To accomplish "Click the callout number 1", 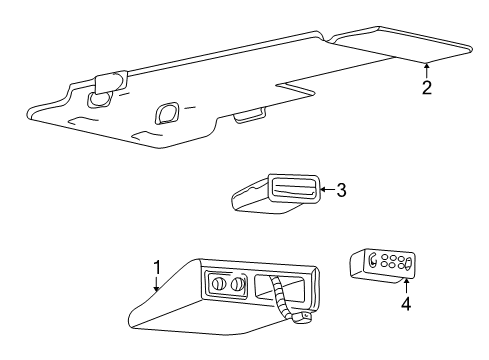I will (157, 267).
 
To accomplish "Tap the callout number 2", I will (426, 87).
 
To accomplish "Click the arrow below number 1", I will (157, 284).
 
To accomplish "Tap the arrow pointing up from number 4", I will (405, 283).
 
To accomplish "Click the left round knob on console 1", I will (216, 285).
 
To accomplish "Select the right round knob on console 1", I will (237, 285).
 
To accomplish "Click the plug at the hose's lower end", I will (300, 318).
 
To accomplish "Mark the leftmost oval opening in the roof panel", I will (100, 99).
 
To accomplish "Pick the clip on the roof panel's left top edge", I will (103, 82).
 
